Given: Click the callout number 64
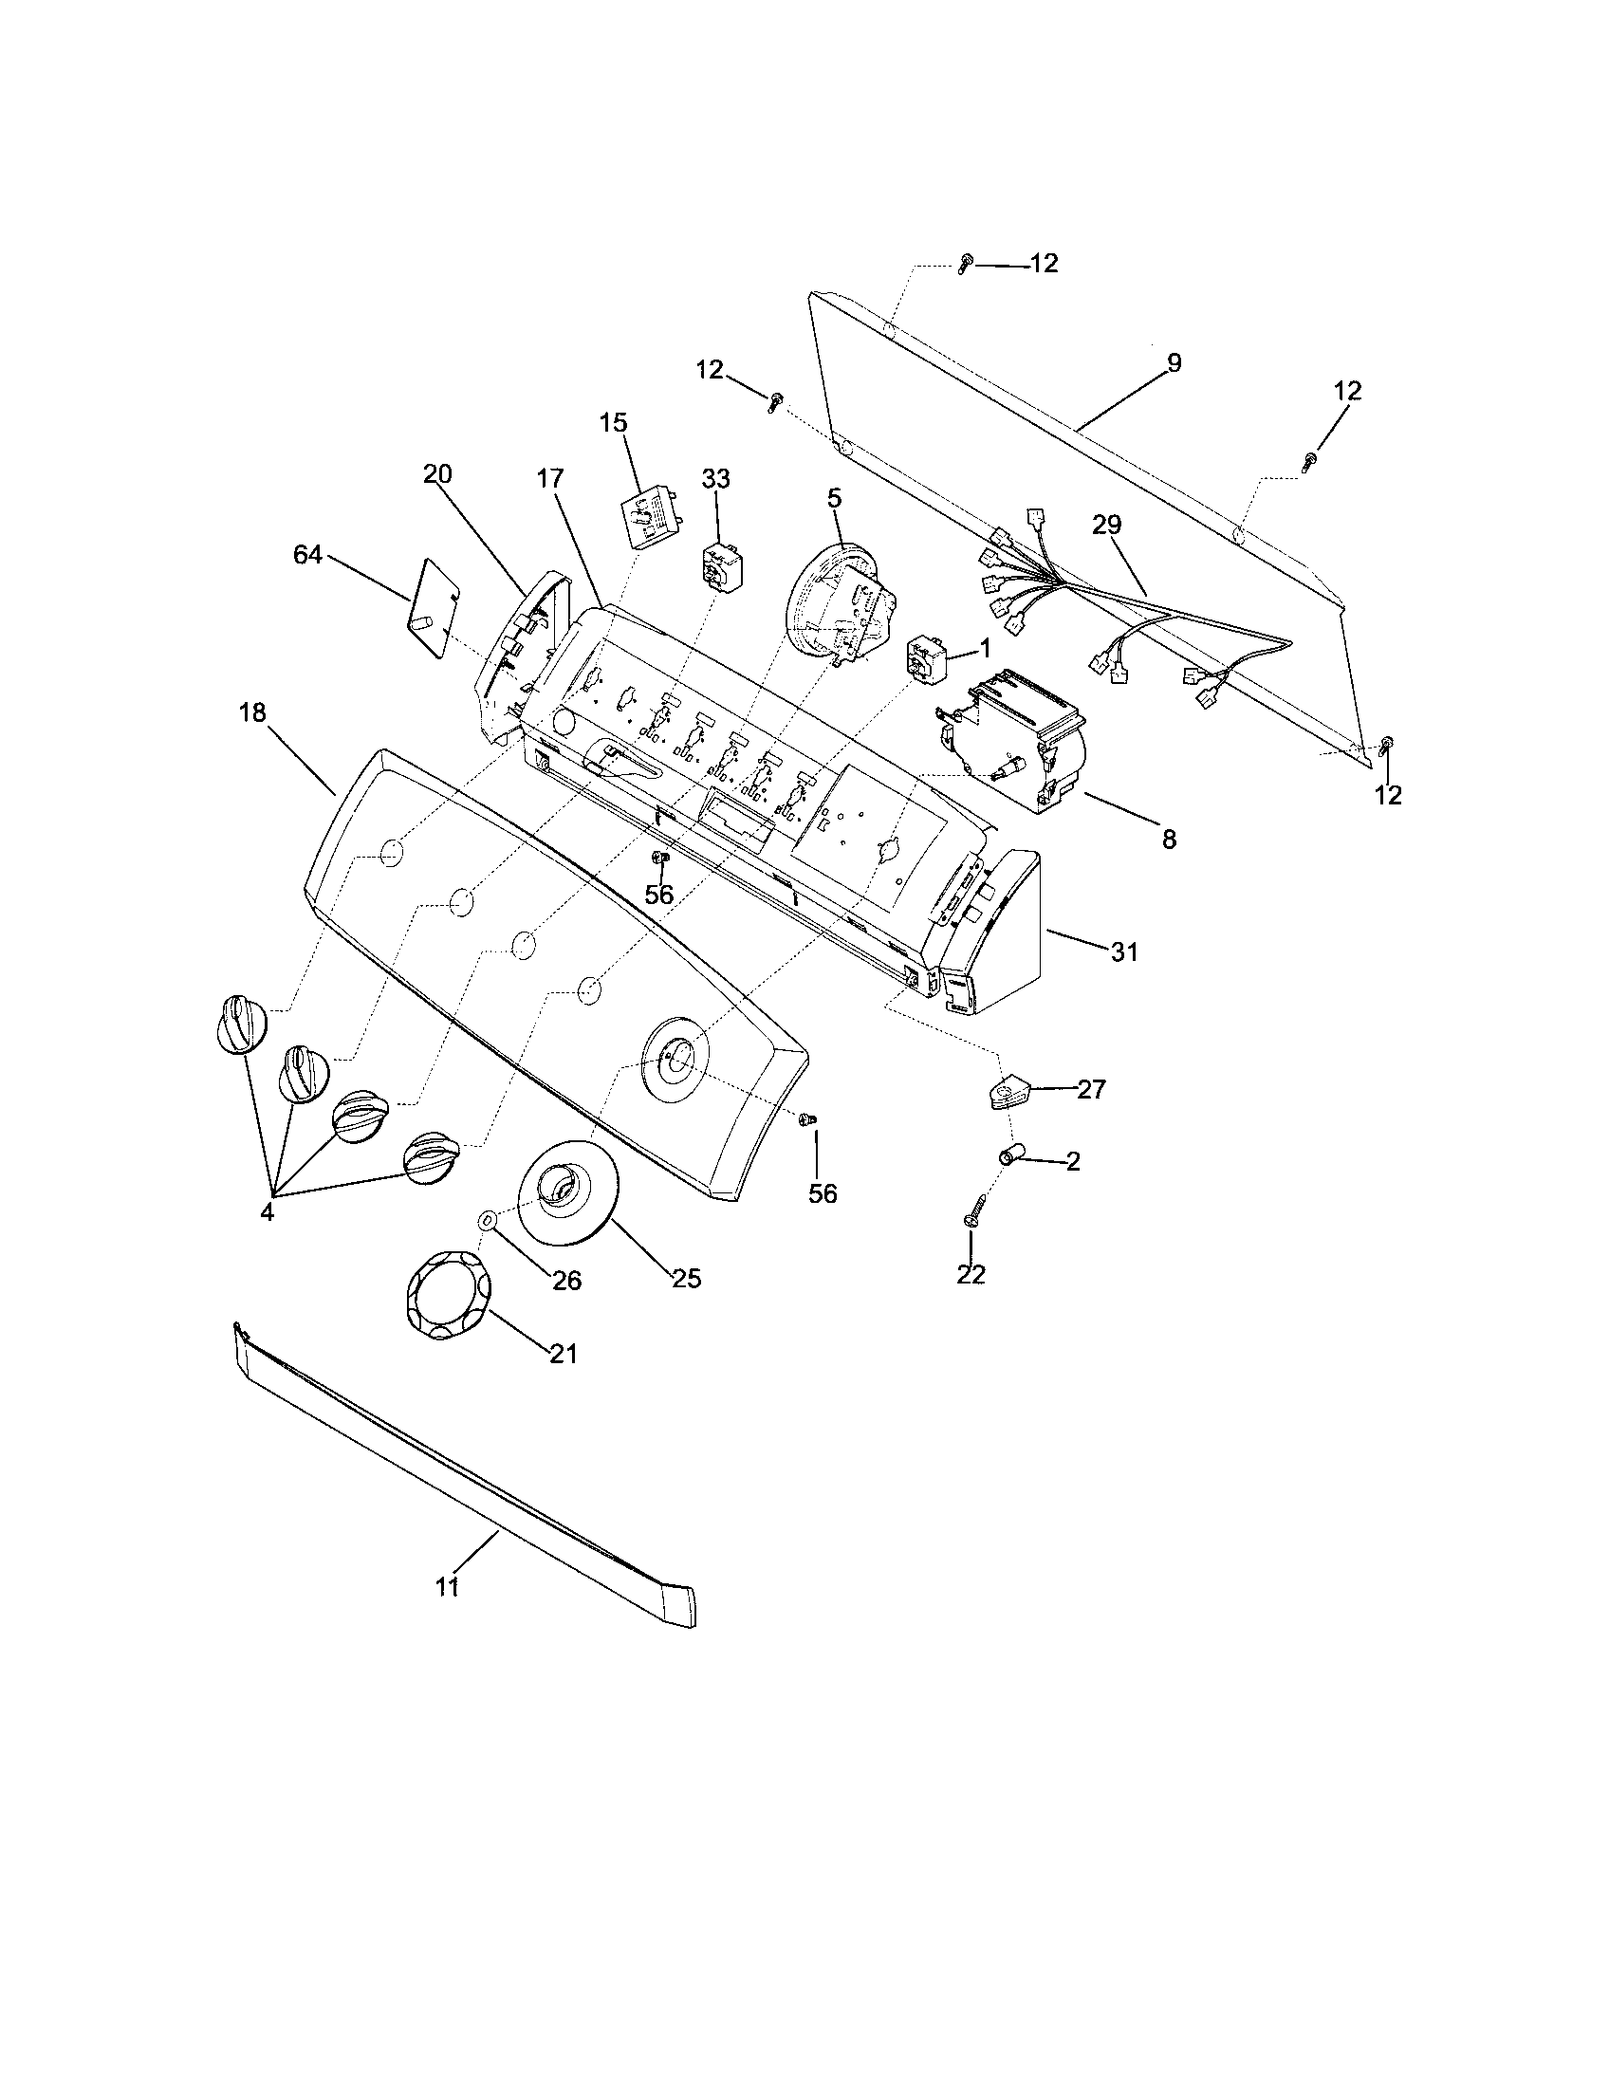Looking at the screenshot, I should click(x=307, y=555).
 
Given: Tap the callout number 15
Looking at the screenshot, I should click(x=614, y=422).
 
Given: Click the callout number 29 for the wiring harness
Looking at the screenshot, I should click(x=1107, y=525).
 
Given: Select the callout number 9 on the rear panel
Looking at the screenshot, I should click(x=1174, y=363).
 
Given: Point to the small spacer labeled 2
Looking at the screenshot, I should click(x=1011, y=1157).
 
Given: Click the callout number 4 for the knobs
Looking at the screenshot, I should click(x=267, y=1212).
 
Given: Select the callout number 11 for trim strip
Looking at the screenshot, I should click(x=447, y=1587).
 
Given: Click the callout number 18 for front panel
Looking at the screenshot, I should click(x=252, y=712).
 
